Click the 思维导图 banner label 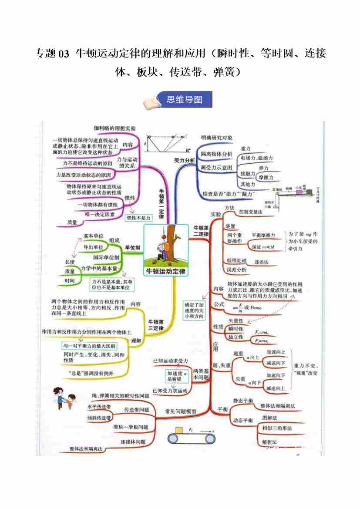(x=185, y=100)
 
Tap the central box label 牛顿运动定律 (x=165, y=271)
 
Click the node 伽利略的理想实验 (x=115, y=128)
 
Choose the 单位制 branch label (x=132, y=247)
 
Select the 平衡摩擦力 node (x=263, y=235)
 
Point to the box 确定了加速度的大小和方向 (x=194, y=310)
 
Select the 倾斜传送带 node (x=99, y=418)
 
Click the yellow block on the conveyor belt (x=178, y=431)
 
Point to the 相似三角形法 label (x=277, y=428)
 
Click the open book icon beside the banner (x=151, y=104)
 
